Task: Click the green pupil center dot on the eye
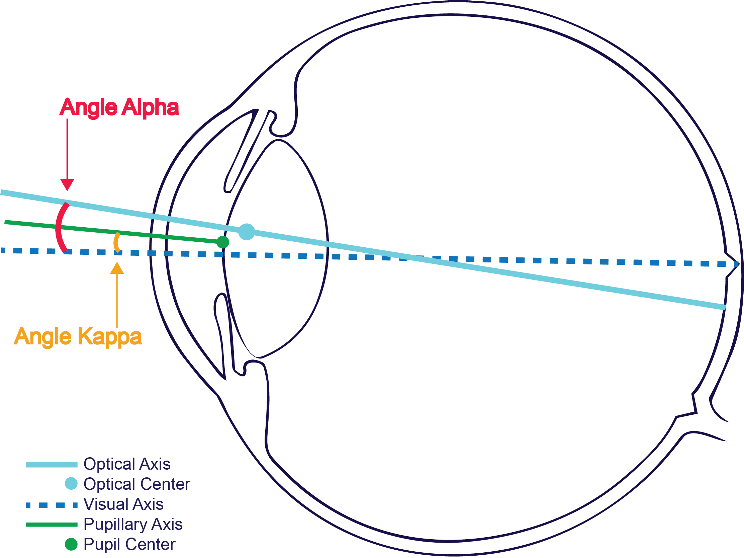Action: pos(223,242)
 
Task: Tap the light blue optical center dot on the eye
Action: pos(247,232)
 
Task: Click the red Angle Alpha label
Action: pos(119,107)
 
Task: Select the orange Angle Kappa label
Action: pos(78,336)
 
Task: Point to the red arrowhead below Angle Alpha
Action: pos(67,185)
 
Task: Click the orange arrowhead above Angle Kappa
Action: pos(117,268)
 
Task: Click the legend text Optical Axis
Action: pos(127,464)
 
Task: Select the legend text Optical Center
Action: pos(136,484)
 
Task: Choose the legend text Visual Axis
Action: pos(123,504)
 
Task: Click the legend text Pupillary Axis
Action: pos(133,524)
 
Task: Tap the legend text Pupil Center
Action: pos(129,545)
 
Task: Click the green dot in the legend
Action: pos(71,544)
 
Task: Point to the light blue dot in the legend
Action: pos(71,484)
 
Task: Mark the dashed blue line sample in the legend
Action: pos(52,505)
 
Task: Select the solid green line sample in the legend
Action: pos(52,525)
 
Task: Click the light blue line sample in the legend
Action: pos(52,465)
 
